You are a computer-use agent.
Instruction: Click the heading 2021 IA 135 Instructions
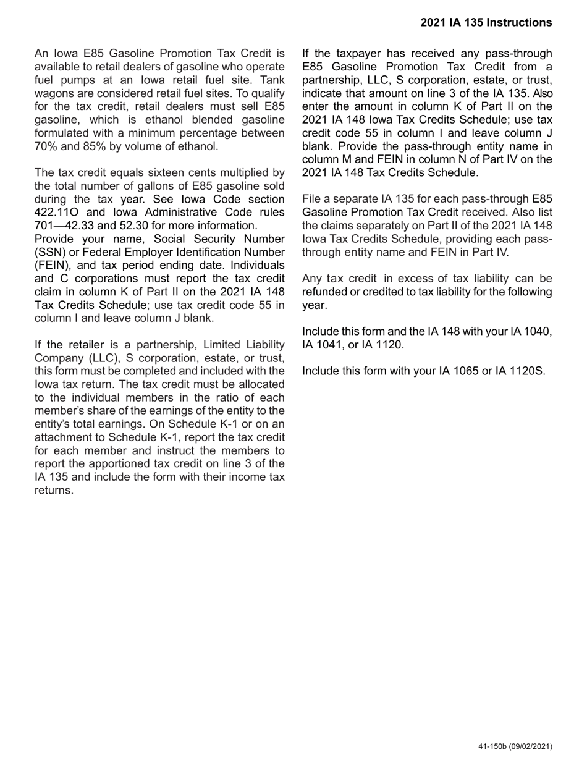486,23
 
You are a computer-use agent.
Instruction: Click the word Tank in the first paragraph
272,80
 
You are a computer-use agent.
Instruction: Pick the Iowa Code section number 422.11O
57,213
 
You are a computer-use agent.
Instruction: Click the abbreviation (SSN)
50,252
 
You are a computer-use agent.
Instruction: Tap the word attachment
62,437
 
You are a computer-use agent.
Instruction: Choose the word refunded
324,292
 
